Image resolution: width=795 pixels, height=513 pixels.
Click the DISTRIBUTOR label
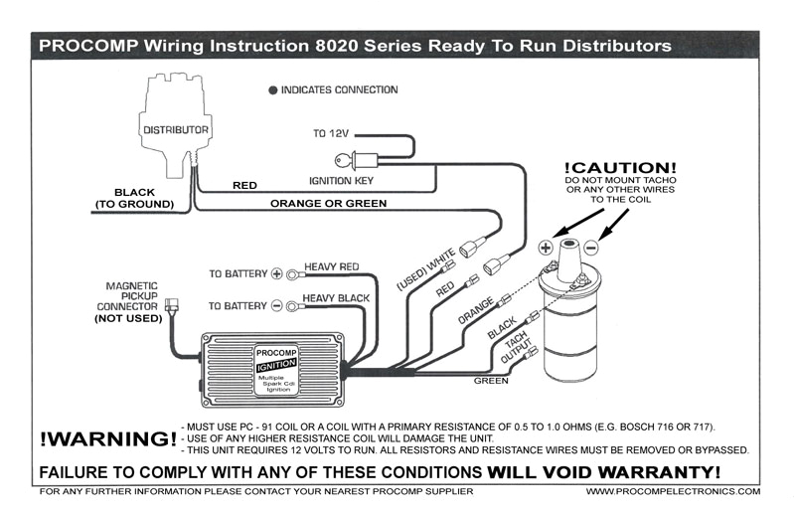coord(175,130)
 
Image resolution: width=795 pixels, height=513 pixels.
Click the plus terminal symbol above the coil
coord(546,247)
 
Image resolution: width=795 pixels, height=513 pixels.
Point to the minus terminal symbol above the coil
coord(590,247)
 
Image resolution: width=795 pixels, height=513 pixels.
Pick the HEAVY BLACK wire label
coord(336,298)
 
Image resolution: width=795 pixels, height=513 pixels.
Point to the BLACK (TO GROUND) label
coord(134,198)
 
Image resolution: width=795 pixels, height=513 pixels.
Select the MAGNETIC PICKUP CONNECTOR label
coord(132,301)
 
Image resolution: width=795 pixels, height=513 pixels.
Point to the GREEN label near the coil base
coord(490,380)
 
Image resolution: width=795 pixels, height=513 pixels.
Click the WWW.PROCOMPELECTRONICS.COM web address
coord(673,491)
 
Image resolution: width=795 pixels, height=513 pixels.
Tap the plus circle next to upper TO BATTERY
coord(277,272)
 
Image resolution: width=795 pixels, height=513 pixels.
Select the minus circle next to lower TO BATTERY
coord(277,305)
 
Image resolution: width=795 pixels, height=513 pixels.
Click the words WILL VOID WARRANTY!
coord(604,470)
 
